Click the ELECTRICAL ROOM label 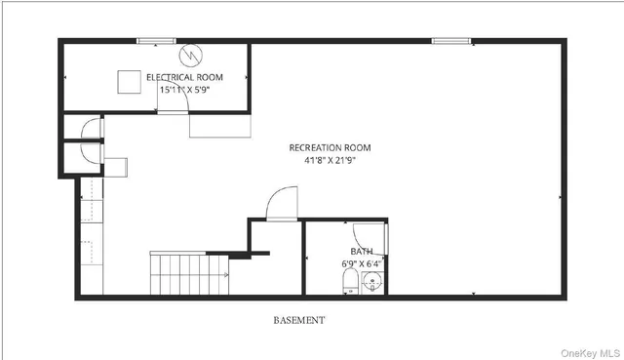(184, 77)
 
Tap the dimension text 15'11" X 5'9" (184, 89)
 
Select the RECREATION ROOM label (330, 148)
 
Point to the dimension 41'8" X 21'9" (330, 160)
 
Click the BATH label (361, 251)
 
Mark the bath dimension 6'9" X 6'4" (361, 262)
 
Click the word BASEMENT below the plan (298, 320)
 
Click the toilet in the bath (350, 284)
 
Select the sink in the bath (372, 283)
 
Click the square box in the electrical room (130, 81)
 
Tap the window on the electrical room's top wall (155, 41)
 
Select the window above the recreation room (450, 41)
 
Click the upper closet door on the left (91, 129)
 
